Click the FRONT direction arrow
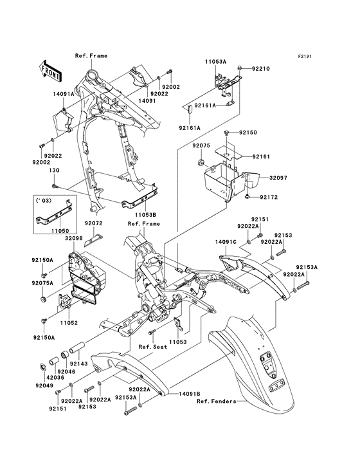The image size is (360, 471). tap(51, 67)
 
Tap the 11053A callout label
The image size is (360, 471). tap(216, 61)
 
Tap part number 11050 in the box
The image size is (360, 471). tap(59, 228)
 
